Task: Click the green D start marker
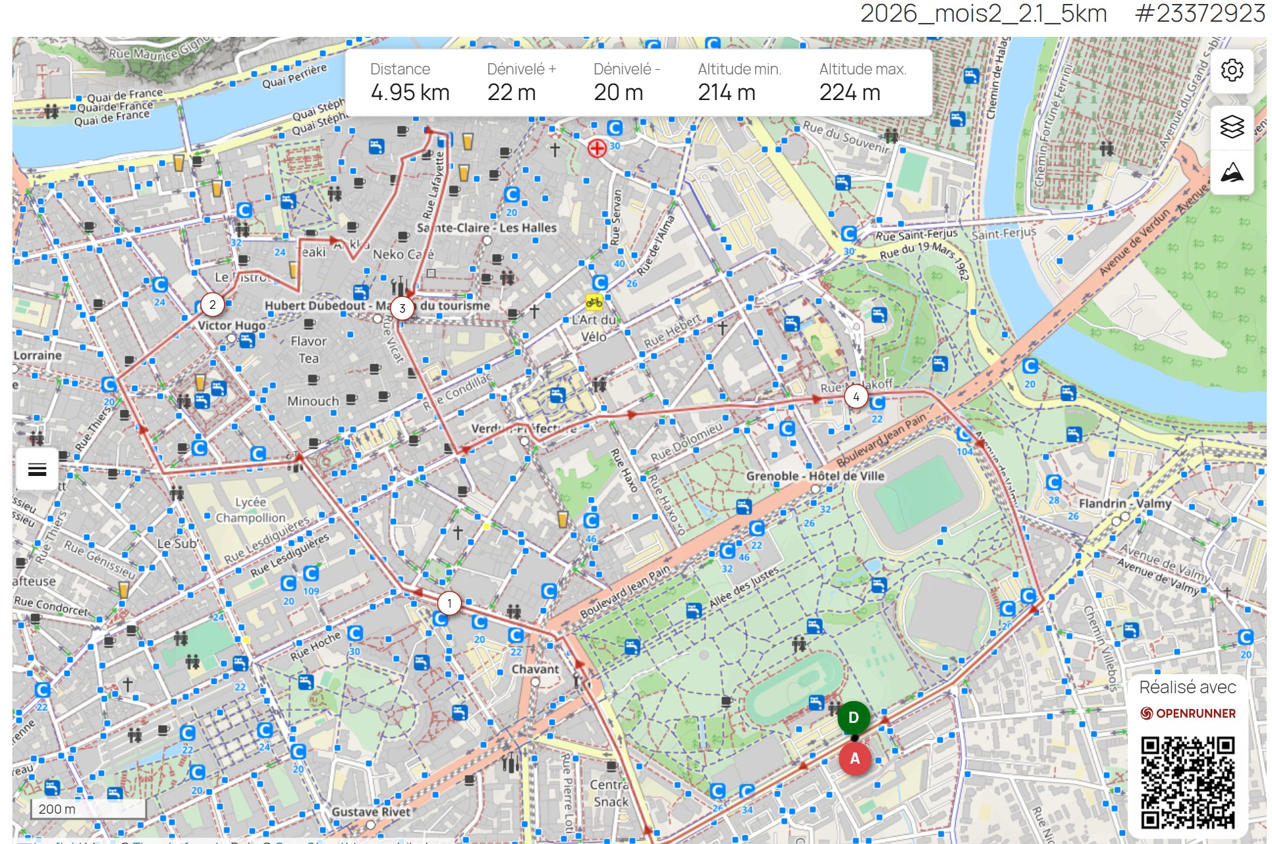(x=853, y=718)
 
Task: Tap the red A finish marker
(x=854, y=759)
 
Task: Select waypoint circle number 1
(x=449, y=603)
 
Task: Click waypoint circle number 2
(x=212, y=305)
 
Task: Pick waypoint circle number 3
(x=402, y=308)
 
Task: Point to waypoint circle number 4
(x=856, y=397)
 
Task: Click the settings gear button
(x=1231, y=70)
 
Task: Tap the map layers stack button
(x=1231, y=126)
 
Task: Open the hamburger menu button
(x=38, y=469)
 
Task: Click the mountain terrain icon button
(x=1231, y=173)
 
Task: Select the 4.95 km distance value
(x=410, y=93)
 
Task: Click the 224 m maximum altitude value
(x=849, y=93)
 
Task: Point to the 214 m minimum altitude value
(x=726, y=93)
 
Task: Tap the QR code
(x=1188, y=781)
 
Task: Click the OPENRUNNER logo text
(x=1195, y=714)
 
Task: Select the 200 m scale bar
(x=88, y=809)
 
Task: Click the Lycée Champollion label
(x=250, y=510)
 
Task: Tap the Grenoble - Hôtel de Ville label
(x=815, y=476)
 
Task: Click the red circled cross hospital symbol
(x=597, y=148)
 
